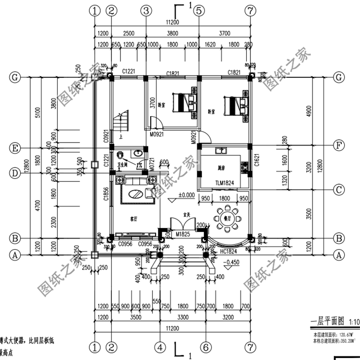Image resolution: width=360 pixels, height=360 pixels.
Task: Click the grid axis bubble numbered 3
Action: pos(146,10)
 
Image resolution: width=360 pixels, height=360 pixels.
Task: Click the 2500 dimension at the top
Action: pos(128,33)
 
